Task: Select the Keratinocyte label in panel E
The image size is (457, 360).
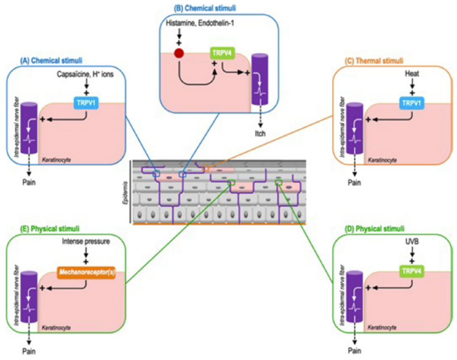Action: coord(56,327)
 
